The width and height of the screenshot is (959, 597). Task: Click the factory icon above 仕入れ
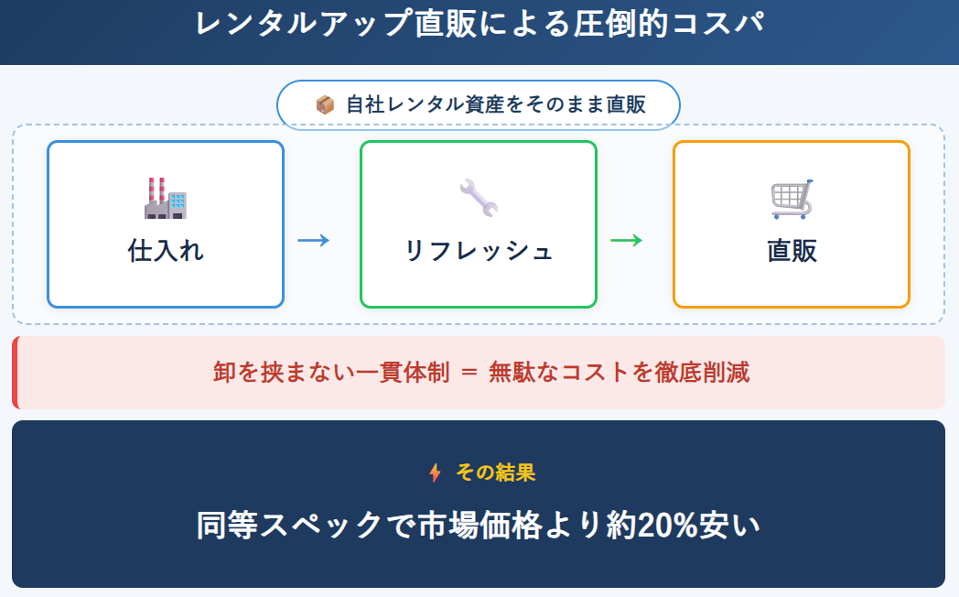(166, 197)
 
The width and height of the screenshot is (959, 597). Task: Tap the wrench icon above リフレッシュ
(478, 197)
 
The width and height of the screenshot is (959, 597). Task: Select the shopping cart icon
(792, 199)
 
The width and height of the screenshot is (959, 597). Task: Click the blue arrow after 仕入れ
(313, 241)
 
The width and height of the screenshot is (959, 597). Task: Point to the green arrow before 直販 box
(626, 241)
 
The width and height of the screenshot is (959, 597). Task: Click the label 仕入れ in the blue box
(166, 250)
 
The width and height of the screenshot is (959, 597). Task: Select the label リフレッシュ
(479, 250)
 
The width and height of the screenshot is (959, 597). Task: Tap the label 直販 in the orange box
(792, 250)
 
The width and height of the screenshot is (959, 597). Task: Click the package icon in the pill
(325, 105)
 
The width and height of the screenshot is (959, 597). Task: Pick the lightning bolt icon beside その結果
(435, 472)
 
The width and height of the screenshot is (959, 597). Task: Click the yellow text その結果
(495, 472)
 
